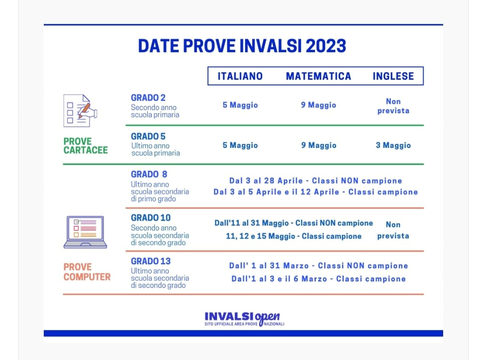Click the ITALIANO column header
tap(240, 76)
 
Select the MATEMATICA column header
tap(318, 76)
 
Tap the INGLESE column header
tap(393, 76)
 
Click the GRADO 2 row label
tap(148, 97)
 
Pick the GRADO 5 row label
tap(148, 136)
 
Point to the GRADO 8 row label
tap(149, 174)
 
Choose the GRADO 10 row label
tap(151, 218)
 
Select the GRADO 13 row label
tap(151, 261)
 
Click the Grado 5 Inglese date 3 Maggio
tap(393, 145)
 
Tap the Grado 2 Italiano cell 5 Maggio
tap(240, 105)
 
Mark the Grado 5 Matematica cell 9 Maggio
tap(319, 145)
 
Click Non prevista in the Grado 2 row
tap(393, 106)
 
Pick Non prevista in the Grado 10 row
tap(393, 230)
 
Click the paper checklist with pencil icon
tap(80, 111)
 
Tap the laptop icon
tap(85, 232)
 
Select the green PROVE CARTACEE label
tap(86, 146)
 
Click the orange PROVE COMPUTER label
tap(87, 272)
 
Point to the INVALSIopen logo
tap(244, 319)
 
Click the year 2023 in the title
tap(326, 46)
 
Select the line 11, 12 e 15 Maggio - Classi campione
tap(293, 236)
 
